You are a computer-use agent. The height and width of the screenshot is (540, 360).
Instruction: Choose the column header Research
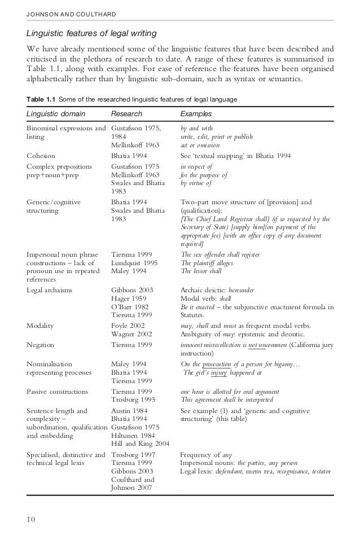coord(127,114)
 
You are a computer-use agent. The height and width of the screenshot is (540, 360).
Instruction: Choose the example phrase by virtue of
coord(196,183)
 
